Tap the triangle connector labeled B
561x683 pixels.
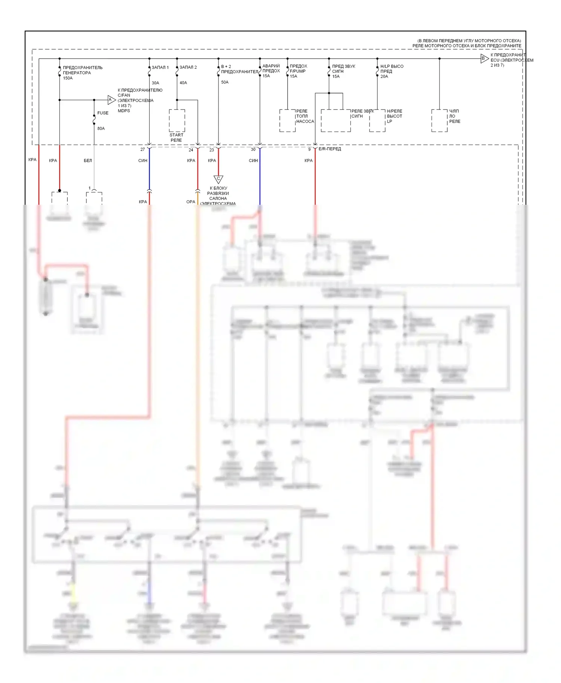coord(484,58)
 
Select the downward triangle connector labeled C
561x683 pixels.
coord(218,179)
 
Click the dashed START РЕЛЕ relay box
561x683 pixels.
coord(177,120)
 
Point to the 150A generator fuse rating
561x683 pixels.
coord(68,78)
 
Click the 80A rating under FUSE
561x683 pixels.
coord(101,129)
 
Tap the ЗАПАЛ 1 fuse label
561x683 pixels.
coord(160,67)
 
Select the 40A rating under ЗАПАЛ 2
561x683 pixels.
coord(183,83)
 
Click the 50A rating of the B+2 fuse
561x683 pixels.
coord(225,82)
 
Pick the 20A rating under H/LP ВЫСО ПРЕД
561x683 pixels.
coord(384,76)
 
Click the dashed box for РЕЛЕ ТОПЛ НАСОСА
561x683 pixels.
coord(287,120)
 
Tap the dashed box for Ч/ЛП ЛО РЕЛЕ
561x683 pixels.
coord(439,120)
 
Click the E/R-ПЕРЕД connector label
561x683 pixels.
coord(329,149)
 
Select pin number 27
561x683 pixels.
coord(142,149)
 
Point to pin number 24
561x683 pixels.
coord(191,150)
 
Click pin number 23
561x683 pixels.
coord(212,150)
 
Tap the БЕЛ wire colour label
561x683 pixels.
coord(88,161)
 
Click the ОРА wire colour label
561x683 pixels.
coord(191,202)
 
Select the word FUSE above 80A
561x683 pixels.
coord(103,113)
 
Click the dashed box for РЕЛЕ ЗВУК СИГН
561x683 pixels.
coord(335,120)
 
